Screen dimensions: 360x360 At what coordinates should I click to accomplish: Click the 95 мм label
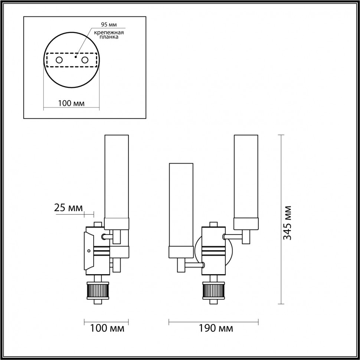coord(109,25)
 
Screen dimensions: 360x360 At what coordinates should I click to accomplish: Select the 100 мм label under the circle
coord(71,103)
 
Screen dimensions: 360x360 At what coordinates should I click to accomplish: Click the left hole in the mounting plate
coord(59,60)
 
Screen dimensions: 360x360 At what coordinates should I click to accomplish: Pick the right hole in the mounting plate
coord(85,60)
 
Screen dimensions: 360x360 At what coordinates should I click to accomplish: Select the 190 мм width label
coord(216,328)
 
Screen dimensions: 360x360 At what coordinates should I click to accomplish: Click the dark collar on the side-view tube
coord(117,224)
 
